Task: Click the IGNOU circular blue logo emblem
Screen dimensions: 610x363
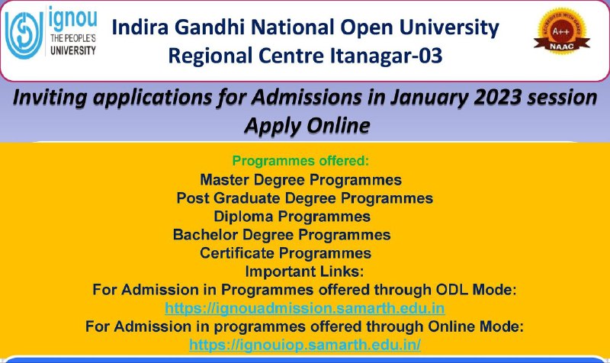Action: (24, 34)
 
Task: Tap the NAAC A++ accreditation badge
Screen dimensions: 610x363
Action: (561, 31)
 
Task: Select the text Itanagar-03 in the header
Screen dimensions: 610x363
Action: (387, 55)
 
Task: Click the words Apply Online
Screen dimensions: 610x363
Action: (307, 125)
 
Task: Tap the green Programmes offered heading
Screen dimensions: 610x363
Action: (300, 161)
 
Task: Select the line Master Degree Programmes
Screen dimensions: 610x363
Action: (300, 180)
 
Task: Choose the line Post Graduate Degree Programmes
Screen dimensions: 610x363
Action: (304, 198)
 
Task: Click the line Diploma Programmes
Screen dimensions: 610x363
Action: (292, 217)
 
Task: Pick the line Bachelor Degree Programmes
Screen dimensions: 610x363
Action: (281, 235)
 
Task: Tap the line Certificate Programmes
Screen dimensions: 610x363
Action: (285, 253)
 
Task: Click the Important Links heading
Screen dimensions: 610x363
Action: (304, 271)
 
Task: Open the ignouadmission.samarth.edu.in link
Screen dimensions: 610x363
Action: (304, 308)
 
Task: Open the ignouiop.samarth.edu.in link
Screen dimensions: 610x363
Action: (305, 345)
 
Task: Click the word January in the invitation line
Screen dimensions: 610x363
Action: (429, 98)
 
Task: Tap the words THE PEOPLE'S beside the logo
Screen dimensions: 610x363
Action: (73, 38)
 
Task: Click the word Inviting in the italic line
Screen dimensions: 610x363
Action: (50, 98)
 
